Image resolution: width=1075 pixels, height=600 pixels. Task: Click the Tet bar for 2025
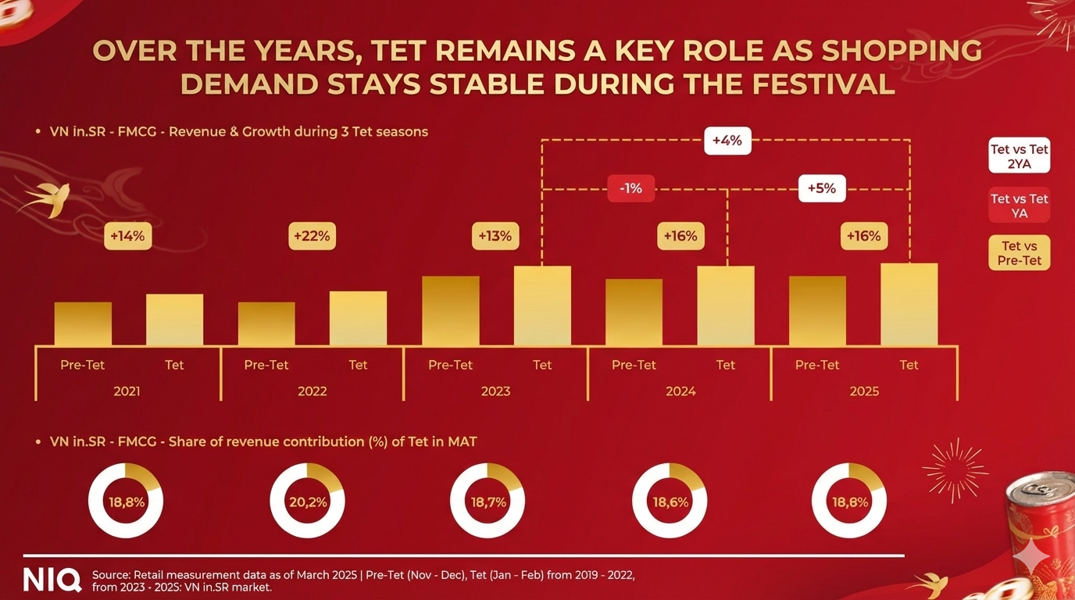[909, 305]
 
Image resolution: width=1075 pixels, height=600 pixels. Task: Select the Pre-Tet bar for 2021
[83, 323]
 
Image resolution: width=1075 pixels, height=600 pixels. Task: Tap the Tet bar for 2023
[542, 305]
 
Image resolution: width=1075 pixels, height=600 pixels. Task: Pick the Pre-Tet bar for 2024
[634, 312]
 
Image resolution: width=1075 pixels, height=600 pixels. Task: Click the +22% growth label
[312, 236]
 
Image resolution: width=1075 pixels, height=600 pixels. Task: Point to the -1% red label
[630, 188]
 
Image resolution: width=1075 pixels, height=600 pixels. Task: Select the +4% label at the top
[727, 141]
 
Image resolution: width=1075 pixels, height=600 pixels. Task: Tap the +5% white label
[822, 188]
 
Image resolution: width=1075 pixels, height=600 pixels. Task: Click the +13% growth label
[495, 236]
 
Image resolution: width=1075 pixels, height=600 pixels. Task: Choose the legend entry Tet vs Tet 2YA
[1019, 155]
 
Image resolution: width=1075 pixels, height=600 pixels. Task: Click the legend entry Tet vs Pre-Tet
[1019, 253]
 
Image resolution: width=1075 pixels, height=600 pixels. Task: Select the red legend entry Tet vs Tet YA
[1019, 205]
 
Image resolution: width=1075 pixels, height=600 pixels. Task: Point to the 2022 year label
[312, 391]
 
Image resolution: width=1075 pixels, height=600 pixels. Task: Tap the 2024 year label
[680, 391]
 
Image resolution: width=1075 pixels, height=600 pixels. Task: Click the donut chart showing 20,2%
[307, 502]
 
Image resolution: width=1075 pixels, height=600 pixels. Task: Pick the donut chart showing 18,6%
[669, 502]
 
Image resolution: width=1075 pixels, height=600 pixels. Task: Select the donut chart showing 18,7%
[487, 502]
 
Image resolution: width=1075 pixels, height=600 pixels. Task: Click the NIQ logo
[52, 580]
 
